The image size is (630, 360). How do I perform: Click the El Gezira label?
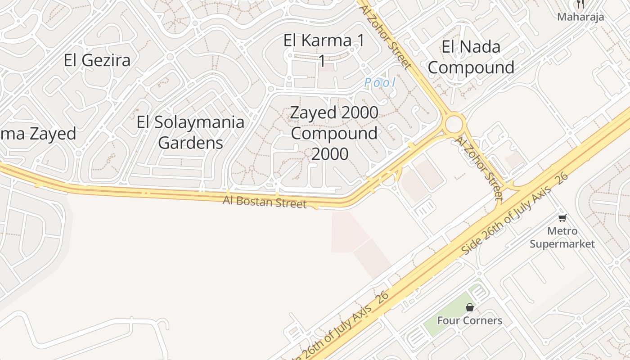97,60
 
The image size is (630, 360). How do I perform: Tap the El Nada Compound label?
471,57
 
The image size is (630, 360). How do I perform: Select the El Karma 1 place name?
324,40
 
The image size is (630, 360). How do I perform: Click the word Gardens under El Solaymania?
191,143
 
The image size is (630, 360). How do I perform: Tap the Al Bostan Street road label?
265,202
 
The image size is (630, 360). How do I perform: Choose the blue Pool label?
380,82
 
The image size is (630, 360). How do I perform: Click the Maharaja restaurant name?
580,17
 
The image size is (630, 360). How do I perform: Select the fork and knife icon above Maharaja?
580,4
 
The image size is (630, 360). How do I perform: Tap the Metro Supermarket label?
562,237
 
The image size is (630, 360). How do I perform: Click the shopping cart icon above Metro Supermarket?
562,218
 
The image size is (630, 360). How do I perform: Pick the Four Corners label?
469,320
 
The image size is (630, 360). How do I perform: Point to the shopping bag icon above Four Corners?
470,307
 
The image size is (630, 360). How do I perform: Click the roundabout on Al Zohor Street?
454,123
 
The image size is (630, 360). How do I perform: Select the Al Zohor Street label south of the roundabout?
478,167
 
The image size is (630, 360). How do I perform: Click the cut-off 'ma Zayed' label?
38,134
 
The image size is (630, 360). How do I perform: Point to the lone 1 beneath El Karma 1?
322,60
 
